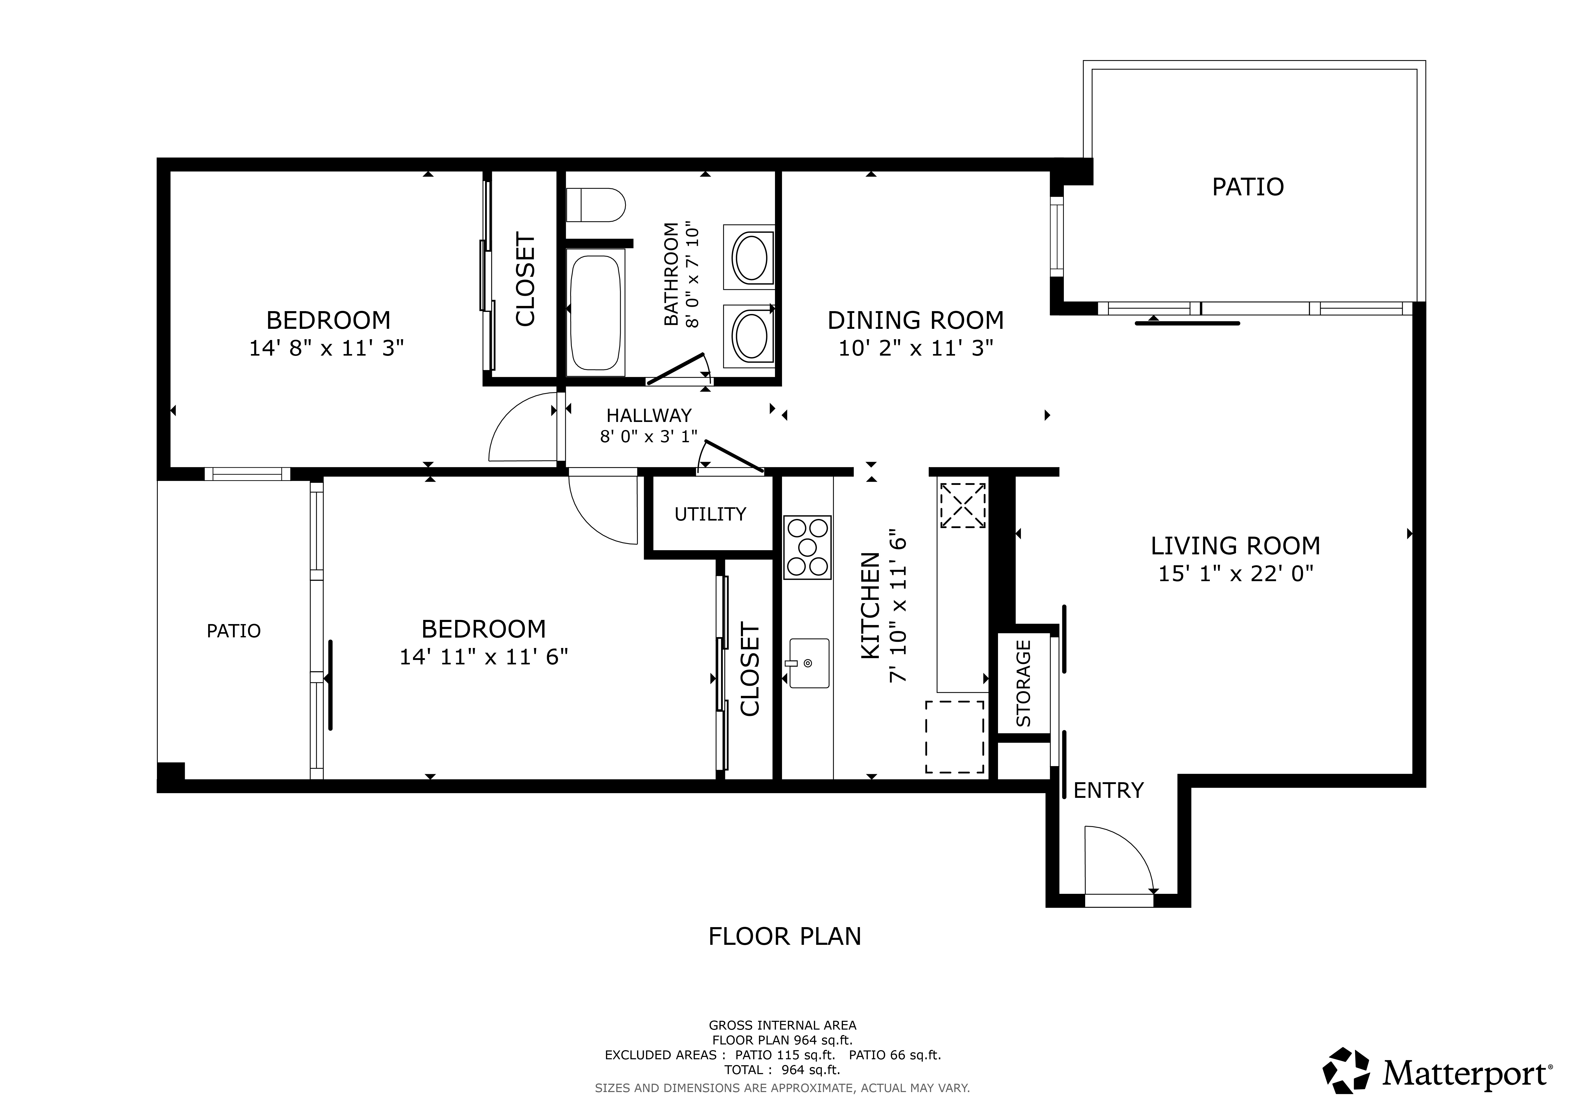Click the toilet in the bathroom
pyautogui.click(x=596, y=205)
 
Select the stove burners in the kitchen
pyautogui.click(x=808, y=548)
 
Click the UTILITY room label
pyautogui.click(x=710, y=514)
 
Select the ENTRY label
pyautogui.click(x=1108, y=790)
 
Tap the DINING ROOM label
pyautogui.click(x=916, y=320)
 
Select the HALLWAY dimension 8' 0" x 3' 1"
pyautogui.click(x=649, y=436)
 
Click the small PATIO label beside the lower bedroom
pyautogui.click(x=234, y=631)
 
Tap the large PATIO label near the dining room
pyautogui.click(x=1248, y=187)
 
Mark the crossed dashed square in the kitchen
pyautogui.click(x=963, y=505)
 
